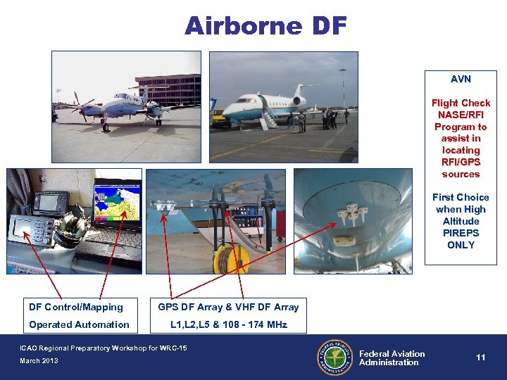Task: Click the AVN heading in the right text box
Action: coord(461,80)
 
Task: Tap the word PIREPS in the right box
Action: coord(461,233)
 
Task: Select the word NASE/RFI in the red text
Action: coord(461,115)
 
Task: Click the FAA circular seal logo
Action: coord(334,357)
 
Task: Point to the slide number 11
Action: coord(480,357)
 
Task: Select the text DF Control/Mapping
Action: coord(76,307)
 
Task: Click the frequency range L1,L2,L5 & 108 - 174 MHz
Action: coord(228,324)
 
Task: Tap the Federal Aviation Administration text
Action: coord(392,358)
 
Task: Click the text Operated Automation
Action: coord(79,324)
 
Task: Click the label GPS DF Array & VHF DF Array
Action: coord(228,307)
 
